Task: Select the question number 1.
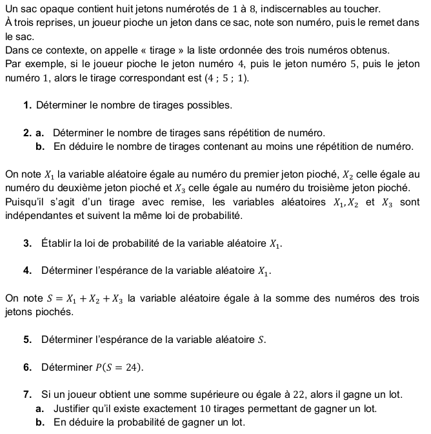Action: tap(26, 105)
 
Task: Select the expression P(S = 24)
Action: tap(119, 367)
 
